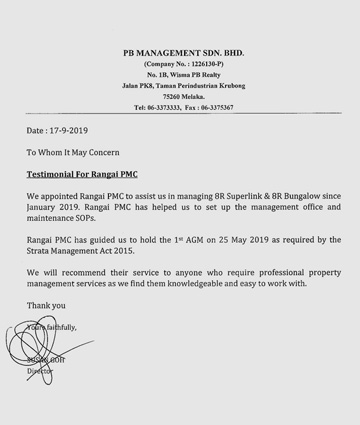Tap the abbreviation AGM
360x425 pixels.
[x=189, y=240]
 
